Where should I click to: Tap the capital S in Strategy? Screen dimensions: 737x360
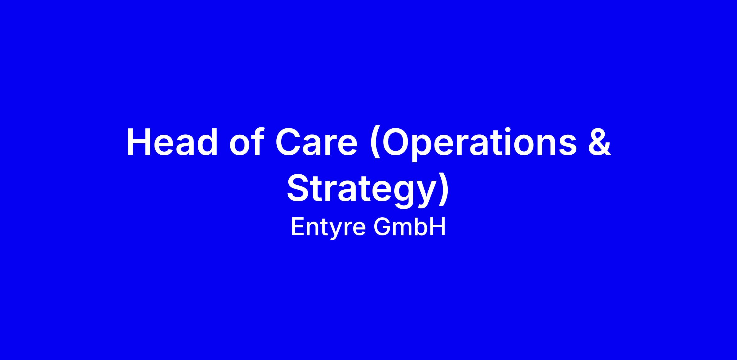click(298, 188)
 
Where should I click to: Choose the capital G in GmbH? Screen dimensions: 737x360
click(383, 227)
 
